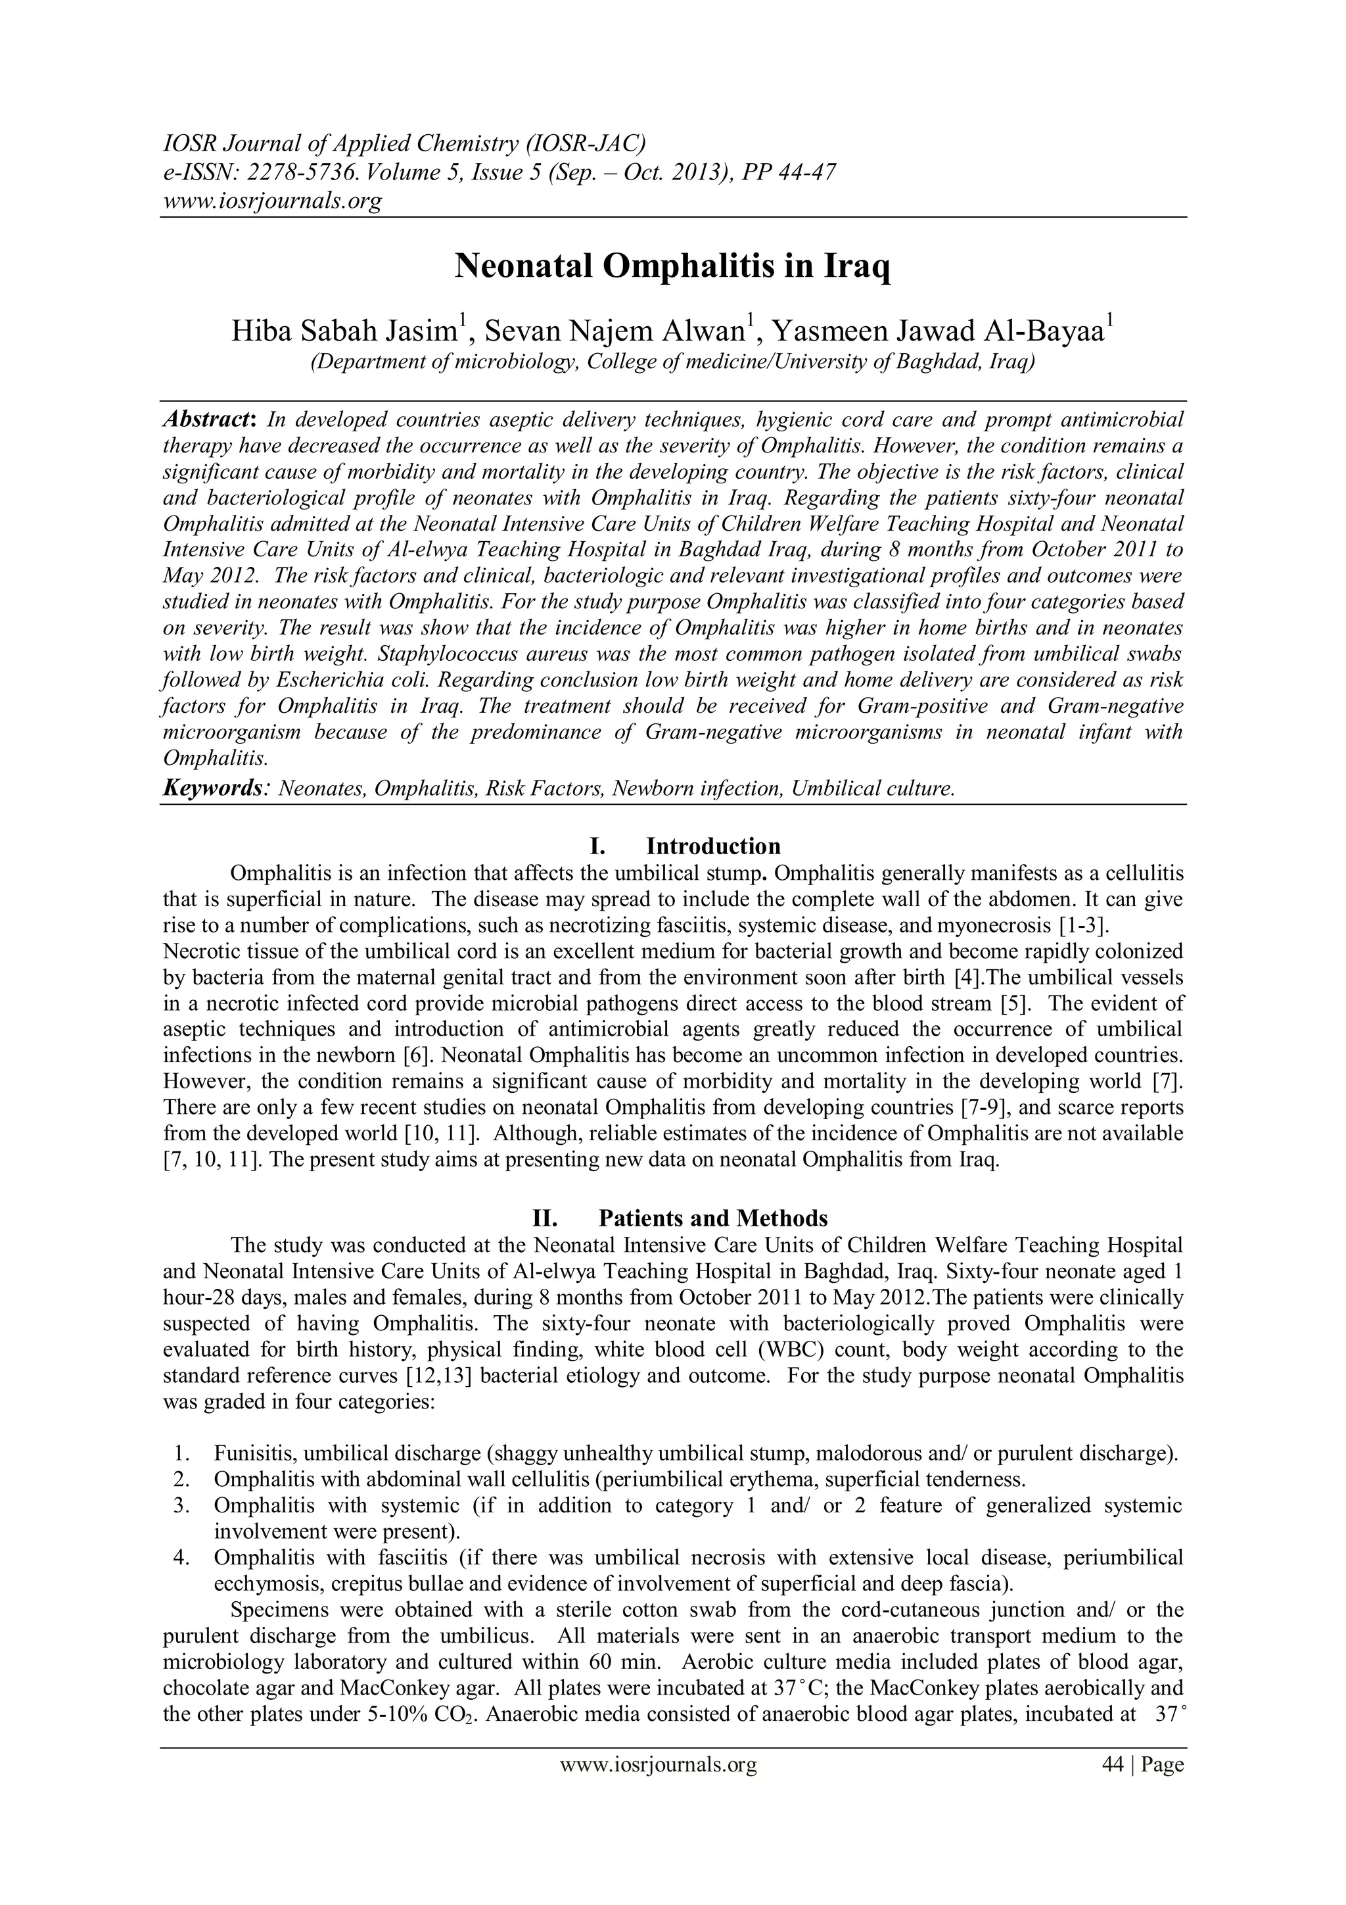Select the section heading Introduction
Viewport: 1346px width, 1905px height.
713,846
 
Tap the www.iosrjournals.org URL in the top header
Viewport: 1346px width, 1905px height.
271,201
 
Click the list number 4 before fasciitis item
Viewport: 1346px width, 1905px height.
181,1557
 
